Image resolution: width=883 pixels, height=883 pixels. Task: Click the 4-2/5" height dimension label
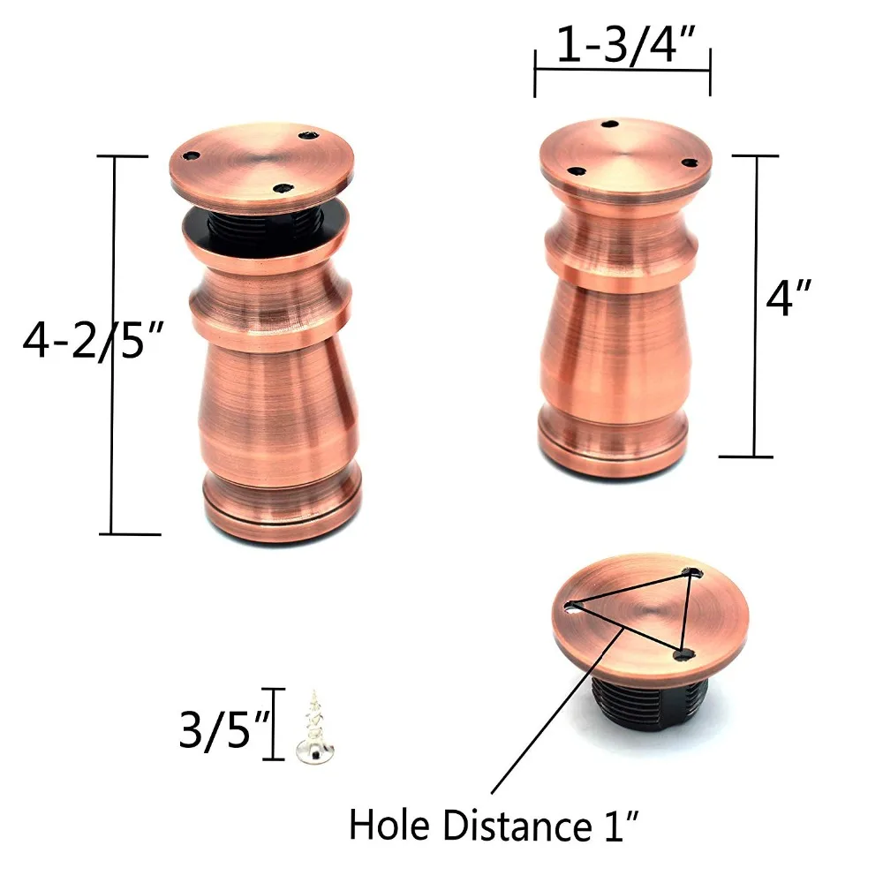click(93, 340)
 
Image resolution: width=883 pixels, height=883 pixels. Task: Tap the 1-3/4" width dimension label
click(626, 44)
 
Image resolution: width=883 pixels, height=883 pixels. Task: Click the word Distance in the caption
click(517, 826)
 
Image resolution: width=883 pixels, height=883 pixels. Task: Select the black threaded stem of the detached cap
click(649, 703)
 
